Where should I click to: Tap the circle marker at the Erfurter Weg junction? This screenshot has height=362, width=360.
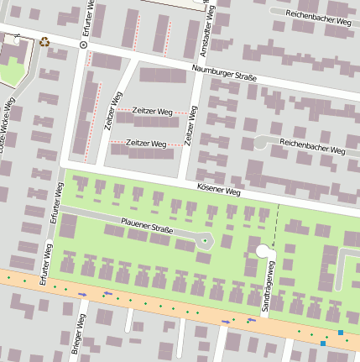click(83, 45)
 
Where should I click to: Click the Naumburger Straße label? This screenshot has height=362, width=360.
click(224, 74)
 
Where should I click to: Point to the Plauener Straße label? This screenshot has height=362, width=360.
click(147, 228)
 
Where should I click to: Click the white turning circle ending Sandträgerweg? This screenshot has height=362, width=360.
click(263, 250)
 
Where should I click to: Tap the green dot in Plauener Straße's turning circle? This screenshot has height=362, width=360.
click(205, 242)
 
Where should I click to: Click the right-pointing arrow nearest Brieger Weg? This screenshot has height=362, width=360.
click(82, 294)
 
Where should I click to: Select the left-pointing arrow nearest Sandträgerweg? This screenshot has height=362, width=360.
click(251, 319)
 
